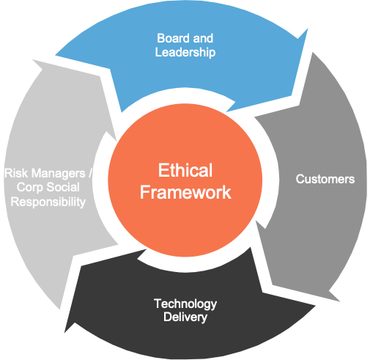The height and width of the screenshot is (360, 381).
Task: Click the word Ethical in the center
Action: click(185, 170)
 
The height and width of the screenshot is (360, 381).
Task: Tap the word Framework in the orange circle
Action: click(185, 192)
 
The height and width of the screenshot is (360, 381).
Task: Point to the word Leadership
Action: click(185, 52)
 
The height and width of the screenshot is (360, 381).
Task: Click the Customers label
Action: click(325, 179)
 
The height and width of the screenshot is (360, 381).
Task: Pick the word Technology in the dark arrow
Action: click(185, 304)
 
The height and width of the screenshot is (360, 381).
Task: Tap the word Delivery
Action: click(185, 317)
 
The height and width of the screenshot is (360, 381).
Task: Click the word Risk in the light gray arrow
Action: click(16, 173)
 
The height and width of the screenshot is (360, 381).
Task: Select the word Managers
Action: click(58, 174)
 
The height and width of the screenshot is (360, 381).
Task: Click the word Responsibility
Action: click(48, 202)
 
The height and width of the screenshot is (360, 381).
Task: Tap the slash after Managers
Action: click(90, 173)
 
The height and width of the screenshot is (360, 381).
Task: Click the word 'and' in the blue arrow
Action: click(203, 38)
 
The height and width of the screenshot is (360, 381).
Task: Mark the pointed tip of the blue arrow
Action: click(308, 29)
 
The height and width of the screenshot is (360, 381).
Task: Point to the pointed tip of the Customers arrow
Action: click(340, 301)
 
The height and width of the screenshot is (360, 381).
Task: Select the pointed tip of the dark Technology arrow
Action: click(64, 333)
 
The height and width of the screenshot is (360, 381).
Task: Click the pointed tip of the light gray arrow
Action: click(33, 59)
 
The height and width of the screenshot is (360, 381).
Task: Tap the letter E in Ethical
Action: click(163, 170)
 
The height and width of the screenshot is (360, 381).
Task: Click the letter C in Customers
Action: click(300, 179)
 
